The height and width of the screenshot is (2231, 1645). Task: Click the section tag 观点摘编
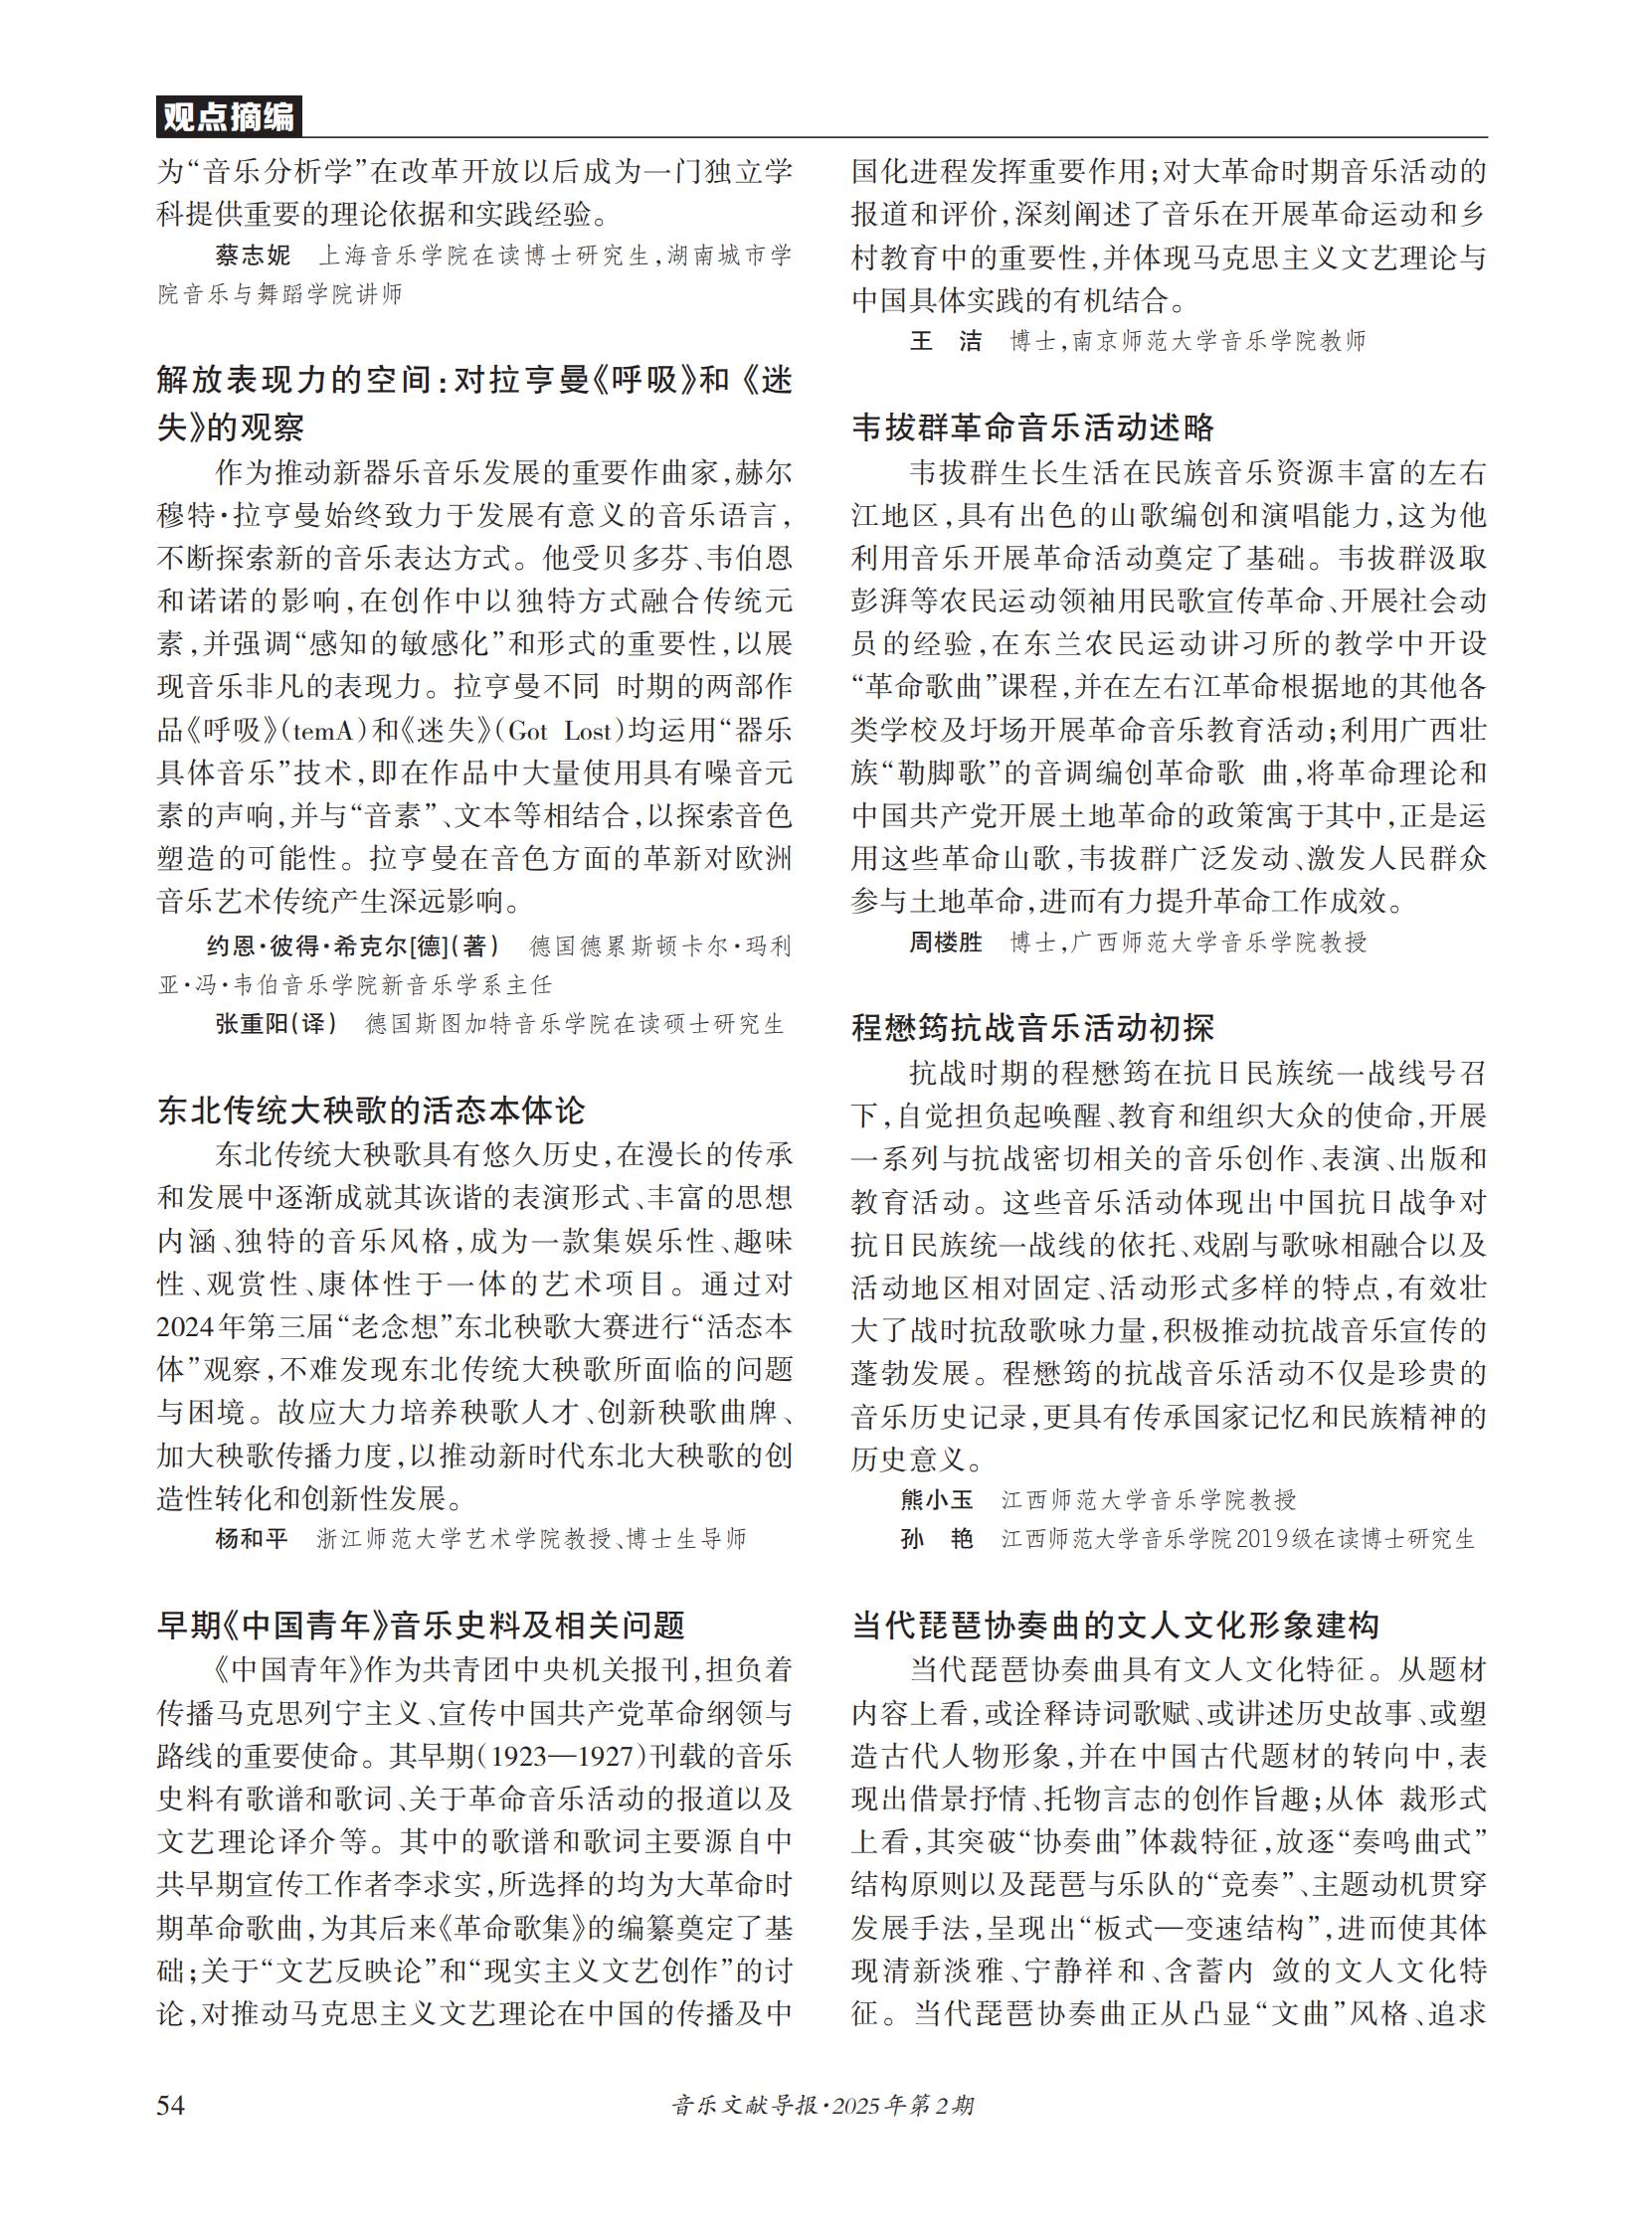click(228, 117)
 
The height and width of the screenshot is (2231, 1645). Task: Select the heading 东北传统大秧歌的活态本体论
click(371, 1111)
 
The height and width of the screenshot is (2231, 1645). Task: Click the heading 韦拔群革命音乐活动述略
click(1032, 428)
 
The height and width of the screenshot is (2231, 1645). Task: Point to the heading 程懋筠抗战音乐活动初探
click(1032, 1027)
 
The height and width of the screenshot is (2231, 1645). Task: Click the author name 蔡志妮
click(252, 256)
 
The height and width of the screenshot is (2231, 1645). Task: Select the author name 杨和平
click(252, 1539)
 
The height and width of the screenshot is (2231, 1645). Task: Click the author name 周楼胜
click(945, 942)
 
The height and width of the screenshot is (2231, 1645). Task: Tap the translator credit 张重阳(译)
click(275, 1024)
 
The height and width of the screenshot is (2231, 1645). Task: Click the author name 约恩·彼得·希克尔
click(307, 945)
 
